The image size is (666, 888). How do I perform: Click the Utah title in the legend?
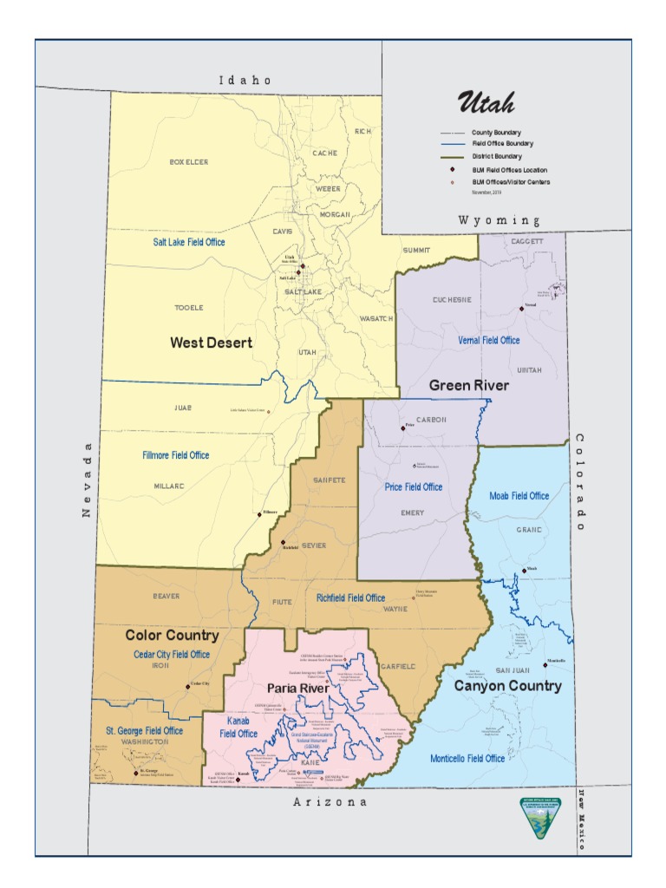pos(486,103)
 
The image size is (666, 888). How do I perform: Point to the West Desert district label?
pos(211,343)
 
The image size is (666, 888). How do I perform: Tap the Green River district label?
pos(468,385)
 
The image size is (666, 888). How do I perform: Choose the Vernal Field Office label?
pos(489,340)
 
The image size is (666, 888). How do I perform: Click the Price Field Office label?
pos(414,487)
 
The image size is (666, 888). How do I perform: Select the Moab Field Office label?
pos(519,496)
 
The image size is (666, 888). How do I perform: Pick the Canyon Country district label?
pos(507,686)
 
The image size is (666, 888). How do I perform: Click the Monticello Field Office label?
pos(467,758)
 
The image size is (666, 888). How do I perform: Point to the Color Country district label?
pos(172,636)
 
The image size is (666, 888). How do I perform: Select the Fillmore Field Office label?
pos(176,455)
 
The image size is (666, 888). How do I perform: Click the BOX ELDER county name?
pos(188,162)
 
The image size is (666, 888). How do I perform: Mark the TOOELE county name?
pos(188,308)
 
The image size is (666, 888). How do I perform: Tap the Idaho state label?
pos(245,80)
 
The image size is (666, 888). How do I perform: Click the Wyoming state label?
pos(499,221)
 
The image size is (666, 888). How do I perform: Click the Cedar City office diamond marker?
pos(187,687)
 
